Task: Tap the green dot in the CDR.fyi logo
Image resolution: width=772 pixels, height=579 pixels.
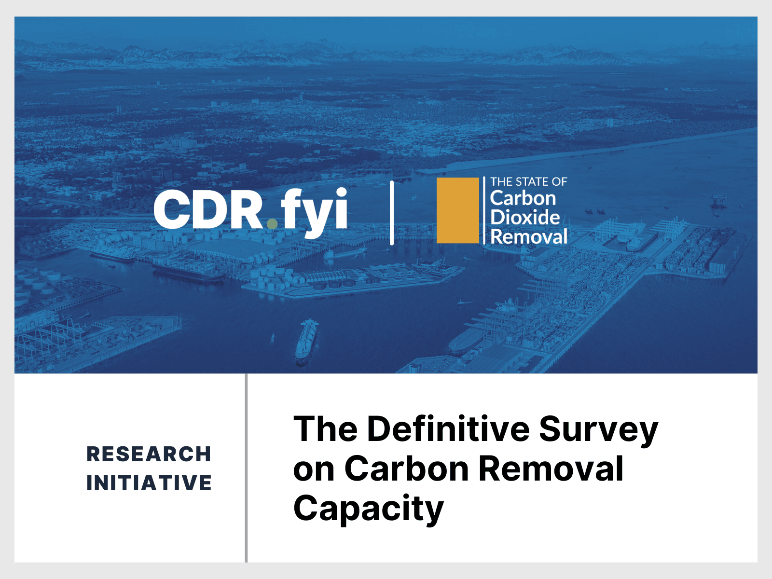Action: click(x=272, y=223)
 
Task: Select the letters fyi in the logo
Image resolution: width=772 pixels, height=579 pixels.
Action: click(x=314, y=211)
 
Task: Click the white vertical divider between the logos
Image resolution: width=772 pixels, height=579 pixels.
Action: click(x=392, y=213)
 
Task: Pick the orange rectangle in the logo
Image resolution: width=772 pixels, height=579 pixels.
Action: click(x=457, y=210)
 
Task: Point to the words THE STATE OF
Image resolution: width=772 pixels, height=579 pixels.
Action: click(x=528, y=182)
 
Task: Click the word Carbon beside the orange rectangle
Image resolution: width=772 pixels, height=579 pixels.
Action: click(x=523, y=198)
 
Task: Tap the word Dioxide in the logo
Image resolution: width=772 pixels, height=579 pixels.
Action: click(x=525, y=218)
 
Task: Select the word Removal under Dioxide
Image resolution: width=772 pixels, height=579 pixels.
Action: click(x=529, y=237)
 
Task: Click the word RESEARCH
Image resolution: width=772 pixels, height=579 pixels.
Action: click(x=149, y=454)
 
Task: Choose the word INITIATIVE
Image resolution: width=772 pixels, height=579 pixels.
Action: click(x=149, y=483)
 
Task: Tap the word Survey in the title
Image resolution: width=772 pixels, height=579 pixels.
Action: click(x=598, y=429)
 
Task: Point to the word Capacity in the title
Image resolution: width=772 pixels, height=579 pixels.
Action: click(x=368, y=509)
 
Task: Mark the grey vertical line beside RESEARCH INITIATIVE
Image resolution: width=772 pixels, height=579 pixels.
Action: click(x=246, y=468)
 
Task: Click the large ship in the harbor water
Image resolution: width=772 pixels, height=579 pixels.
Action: click(x=307, y=339)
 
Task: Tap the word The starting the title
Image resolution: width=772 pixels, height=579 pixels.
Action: click(x=326, y=428)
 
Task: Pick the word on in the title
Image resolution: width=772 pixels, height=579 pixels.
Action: click(x=314, y=469)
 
